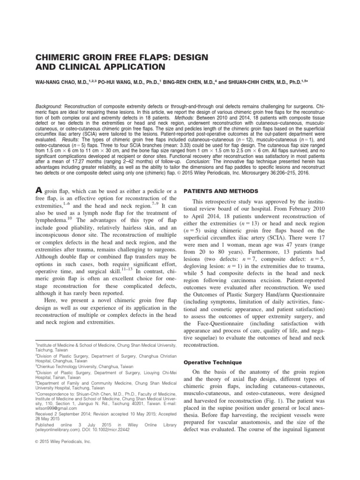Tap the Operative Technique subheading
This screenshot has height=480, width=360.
(212, 362)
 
